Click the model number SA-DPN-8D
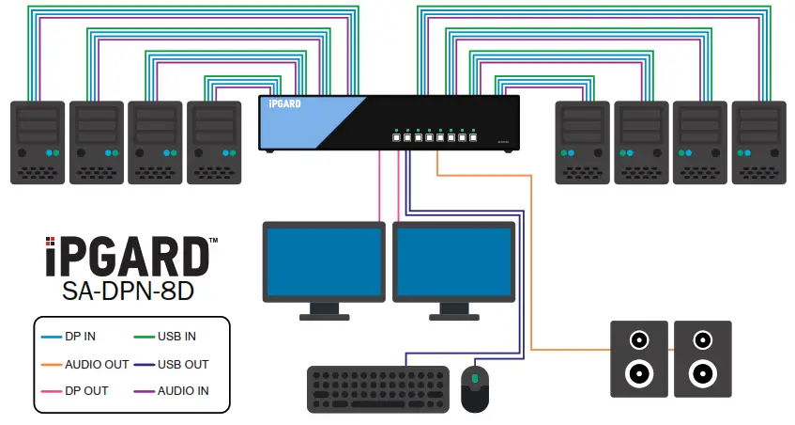click(x=128, y=291)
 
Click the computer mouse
click(x=475, y=387)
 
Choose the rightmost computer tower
click(x=757, y=142)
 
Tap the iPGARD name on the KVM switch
click(x=284, y=104)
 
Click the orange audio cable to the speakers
click(x=531, y=263)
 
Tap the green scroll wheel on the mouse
click(x=475, y=379)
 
